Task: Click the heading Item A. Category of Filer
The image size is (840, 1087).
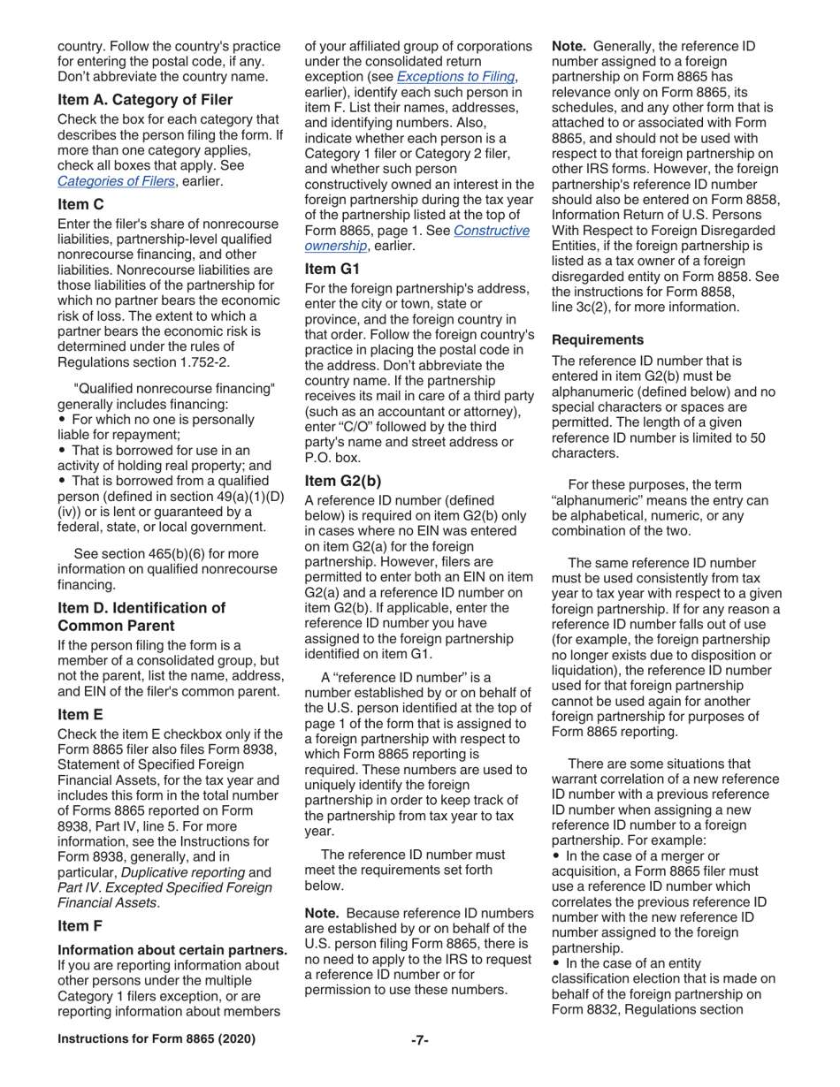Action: click(x=145, y=99)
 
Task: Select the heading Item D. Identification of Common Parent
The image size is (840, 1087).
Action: click(x=141, y=617)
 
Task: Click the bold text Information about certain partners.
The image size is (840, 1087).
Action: click(x=172, y=951)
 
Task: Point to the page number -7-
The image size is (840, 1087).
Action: click(x=420, y=1039)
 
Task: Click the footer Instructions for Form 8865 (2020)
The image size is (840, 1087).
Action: click(x=156, y=1039)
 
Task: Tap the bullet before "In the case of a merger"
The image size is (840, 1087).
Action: click(x=556, y=855)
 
